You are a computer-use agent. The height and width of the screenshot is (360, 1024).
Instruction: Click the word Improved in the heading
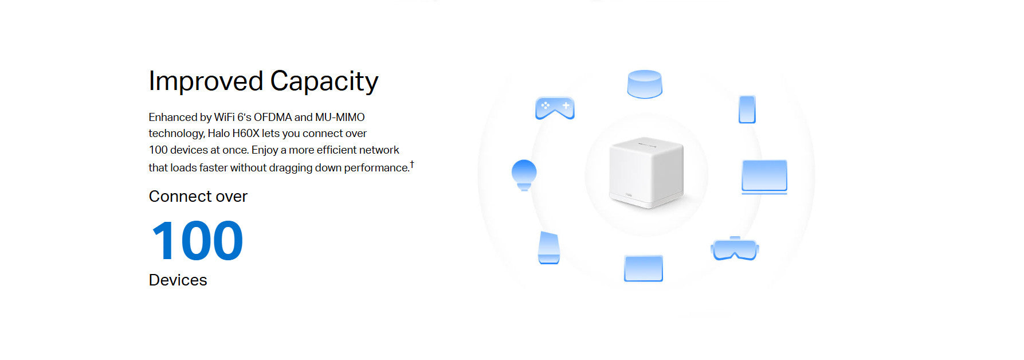206,81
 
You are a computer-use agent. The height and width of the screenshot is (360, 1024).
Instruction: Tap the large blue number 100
198,241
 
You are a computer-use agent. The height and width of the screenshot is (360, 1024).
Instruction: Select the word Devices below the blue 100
178,280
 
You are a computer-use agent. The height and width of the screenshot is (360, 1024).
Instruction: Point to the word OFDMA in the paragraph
273,117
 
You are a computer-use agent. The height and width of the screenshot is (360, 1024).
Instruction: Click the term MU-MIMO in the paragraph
340,117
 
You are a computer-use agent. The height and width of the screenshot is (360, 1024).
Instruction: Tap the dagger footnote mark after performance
412,165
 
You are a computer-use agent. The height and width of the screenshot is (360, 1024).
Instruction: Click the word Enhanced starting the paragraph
172,117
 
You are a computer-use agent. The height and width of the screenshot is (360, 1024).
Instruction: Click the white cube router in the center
646,172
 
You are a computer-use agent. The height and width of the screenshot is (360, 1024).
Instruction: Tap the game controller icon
555,108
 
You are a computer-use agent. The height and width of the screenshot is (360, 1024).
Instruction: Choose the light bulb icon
524,175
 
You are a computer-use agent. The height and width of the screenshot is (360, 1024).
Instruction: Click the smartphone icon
747,109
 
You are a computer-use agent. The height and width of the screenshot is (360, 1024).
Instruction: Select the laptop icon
764,177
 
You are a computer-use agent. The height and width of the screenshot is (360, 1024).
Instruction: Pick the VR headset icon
735,248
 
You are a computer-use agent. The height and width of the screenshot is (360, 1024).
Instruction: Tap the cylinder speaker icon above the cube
645,84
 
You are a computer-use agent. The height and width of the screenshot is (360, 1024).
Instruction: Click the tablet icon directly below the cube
644,268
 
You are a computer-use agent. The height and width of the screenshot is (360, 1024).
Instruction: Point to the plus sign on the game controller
566,105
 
